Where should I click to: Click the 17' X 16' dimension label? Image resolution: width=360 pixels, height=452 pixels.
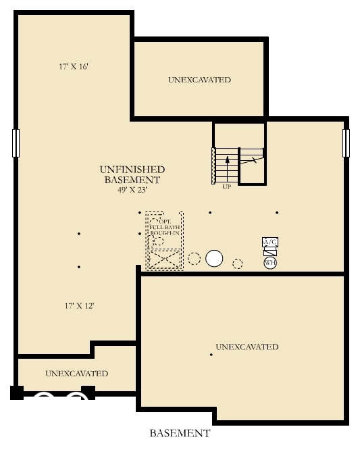point(74,67)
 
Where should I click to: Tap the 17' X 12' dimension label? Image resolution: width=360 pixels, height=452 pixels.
point(79,305)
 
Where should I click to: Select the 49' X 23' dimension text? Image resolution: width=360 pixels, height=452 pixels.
point(132,190)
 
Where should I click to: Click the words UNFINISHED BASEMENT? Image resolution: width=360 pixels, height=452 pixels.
point(132,174)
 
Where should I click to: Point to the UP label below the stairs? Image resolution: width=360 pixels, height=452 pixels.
point(226,186)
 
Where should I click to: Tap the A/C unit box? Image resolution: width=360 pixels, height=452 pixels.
point(269,242)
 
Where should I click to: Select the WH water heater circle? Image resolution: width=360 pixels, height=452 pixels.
point(270,262)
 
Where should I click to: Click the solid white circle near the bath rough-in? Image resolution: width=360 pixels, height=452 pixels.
point(215,258)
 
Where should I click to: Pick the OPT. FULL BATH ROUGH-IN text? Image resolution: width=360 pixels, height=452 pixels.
point(164,226)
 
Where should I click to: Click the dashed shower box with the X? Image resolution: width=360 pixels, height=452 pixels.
point(165,259)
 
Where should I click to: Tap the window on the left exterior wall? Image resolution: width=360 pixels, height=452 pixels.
point(16,143)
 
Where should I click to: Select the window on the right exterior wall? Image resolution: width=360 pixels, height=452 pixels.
point(346,143)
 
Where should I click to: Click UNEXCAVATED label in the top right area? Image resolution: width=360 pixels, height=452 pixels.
point(199,80)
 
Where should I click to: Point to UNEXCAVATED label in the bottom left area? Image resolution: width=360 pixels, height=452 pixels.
point(76,373)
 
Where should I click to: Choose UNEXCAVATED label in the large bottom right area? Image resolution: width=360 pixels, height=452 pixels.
point(247,347)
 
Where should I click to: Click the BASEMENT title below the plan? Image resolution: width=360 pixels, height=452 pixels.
point(180,433)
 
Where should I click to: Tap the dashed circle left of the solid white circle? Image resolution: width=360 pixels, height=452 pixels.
point(194,258)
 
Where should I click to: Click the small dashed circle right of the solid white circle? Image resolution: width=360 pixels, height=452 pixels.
point(238,263)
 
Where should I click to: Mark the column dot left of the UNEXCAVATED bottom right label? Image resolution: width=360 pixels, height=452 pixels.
point(211,355)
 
